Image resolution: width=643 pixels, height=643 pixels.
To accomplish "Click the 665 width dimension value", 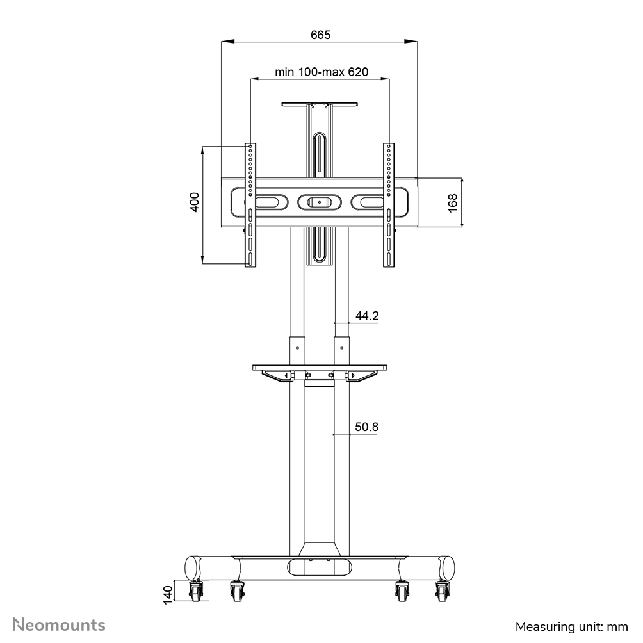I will coord(321,35).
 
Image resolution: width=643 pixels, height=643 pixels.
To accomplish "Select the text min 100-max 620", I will coord(321,72).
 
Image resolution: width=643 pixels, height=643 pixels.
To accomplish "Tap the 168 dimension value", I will coord(453,202).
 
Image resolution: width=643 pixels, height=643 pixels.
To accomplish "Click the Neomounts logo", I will coord(60,624).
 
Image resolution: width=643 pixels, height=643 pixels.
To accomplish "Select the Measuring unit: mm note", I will coord(572,626).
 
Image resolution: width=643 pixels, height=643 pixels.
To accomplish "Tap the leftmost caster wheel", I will coord(195,592).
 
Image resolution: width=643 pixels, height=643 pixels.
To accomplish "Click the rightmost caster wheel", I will coord(443,592).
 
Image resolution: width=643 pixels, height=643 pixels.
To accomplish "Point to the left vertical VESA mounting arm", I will coord(250,205).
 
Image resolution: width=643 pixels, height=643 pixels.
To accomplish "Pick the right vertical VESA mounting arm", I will coord(389,205).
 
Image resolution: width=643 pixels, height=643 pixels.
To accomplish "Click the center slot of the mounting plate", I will coord(319,202).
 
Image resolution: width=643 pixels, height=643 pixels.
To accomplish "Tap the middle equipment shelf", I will coord(319,368).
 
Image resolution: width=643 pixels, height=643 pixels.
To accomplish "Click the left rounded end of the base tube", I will coord(191,568).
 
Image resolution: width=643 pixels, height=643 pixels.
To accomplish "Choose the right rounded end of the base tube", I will coord(448,568).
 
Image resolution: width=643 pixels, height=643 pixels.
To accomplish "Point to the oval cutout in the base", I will coord(320,567).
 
